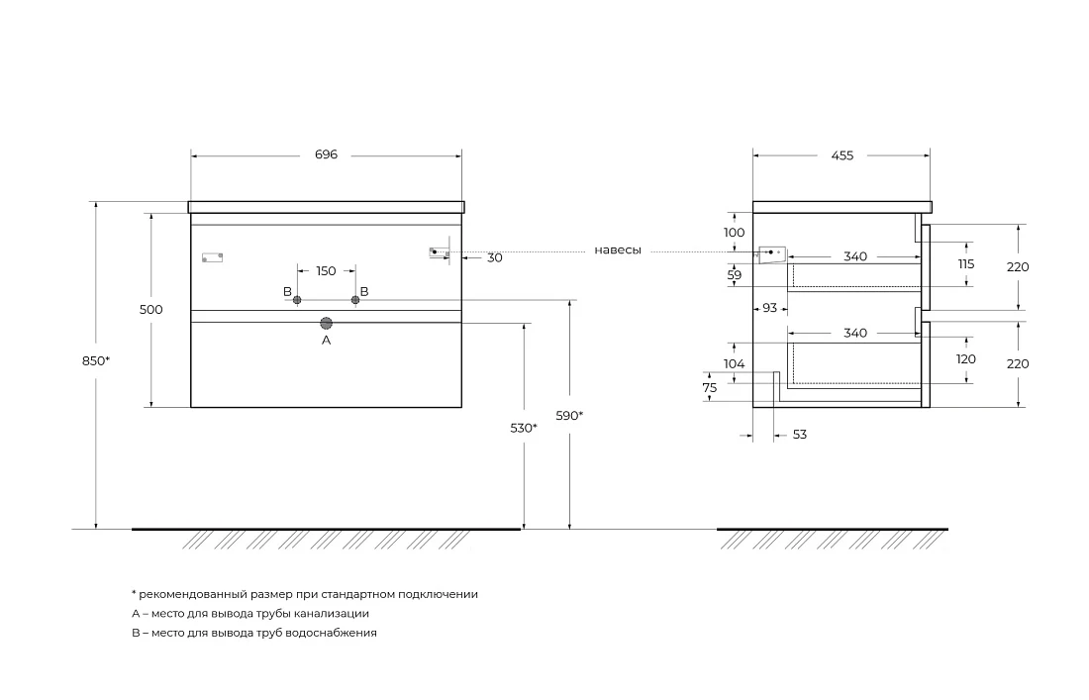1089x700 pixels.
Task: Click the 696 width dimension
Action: (x=326, y=154)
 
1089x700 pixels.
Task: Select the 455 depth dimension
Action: (x=841, y=155)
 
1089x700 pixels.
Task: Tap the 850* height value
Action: (x=96, y=360)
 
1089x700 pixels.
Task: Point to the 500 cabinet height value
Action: (x=150, y=310)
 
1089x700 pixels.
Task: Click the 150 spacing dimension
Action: (x=326, y=271)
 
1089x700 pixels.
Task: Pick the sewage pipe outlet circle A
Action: (x=327, y=323)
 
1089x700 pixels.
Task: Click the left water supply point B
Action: (x=297, y=300)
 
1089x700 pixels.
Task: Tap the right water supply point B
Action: (x=355, y=300)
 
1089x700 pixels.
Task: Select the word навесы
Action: (x=618, y=250)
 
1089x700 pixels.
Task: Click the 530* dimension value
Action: (x=524, y=428)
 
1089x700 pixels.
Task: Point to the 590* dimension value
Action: (x=569, y=415)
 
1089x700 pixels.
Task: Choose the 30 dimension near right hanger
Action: (x=494, y=257)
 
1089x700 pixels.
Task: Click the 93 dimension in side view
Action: (x=769, y=307)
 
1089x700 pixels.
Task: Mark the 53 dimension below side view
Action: (x=799, y=434)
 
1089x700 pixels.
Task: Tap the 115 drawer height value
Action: (x=966, y=264)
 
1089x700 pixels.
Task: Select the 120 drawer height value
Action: (x=966, y=359)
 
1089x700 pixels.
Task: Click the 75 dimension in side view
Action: (x=709, y=388)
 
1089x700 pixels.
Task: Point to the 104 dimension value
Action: (x=735, y=363)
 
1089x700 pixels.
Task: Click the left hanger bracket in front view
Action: (x=213, y=257)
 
